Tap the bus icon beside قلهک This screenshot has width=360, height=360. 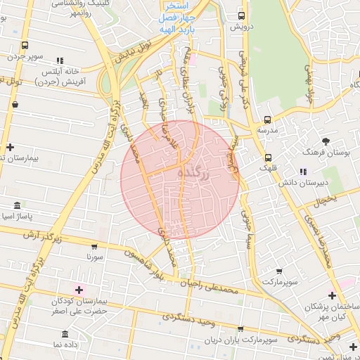point(268,157)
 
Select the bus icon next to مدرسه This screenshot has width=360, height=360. point(267,120)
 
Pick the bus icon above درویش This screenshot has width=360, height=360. point(242,15)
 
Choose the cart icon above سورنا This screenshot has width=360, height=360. point(95,247)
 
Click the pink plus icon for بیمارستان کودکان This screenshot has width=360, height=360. point(78,290)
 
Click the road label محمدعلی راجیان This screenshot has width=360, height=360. point(209,287)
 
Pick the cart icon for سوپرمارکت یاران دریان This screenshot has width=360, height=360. point(241,328)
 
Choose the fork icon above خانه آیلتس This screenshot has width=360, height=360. point(60,61)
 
